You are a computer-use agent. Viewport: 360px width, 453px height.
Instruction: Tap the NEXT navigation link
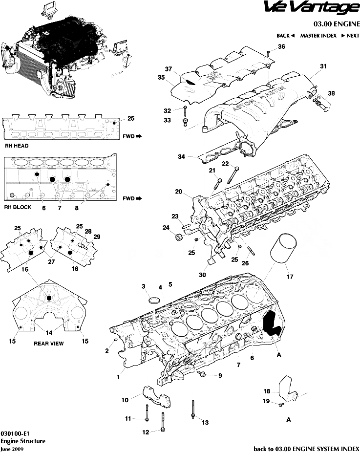click(x=350, y=36)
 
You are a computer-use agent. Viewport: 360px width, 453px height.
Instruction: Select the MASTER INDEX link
click(x=318, y=36)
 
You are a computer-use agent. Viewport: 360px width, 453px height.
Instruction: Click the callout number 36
click(x=281, y=46)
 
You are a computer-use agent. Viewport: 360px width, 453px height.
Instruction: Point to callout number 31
click(x=323, y=66)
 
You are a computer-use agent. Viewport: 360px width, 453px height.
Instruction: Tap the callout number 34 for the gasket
click(x=181, y=157)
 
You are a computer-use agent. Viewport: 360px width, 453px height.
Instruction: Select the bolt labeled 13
click(x=193, y=410)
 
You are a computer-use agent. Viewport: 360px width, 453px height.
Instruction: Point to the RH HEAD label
click(x=17, y=146)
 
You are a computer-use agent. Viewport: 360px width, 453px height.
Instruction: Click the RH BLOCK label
click(x=18, y=207)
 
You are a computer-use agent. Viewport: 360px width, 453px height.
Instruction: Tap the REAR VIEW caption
click(x=48, y=344)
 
